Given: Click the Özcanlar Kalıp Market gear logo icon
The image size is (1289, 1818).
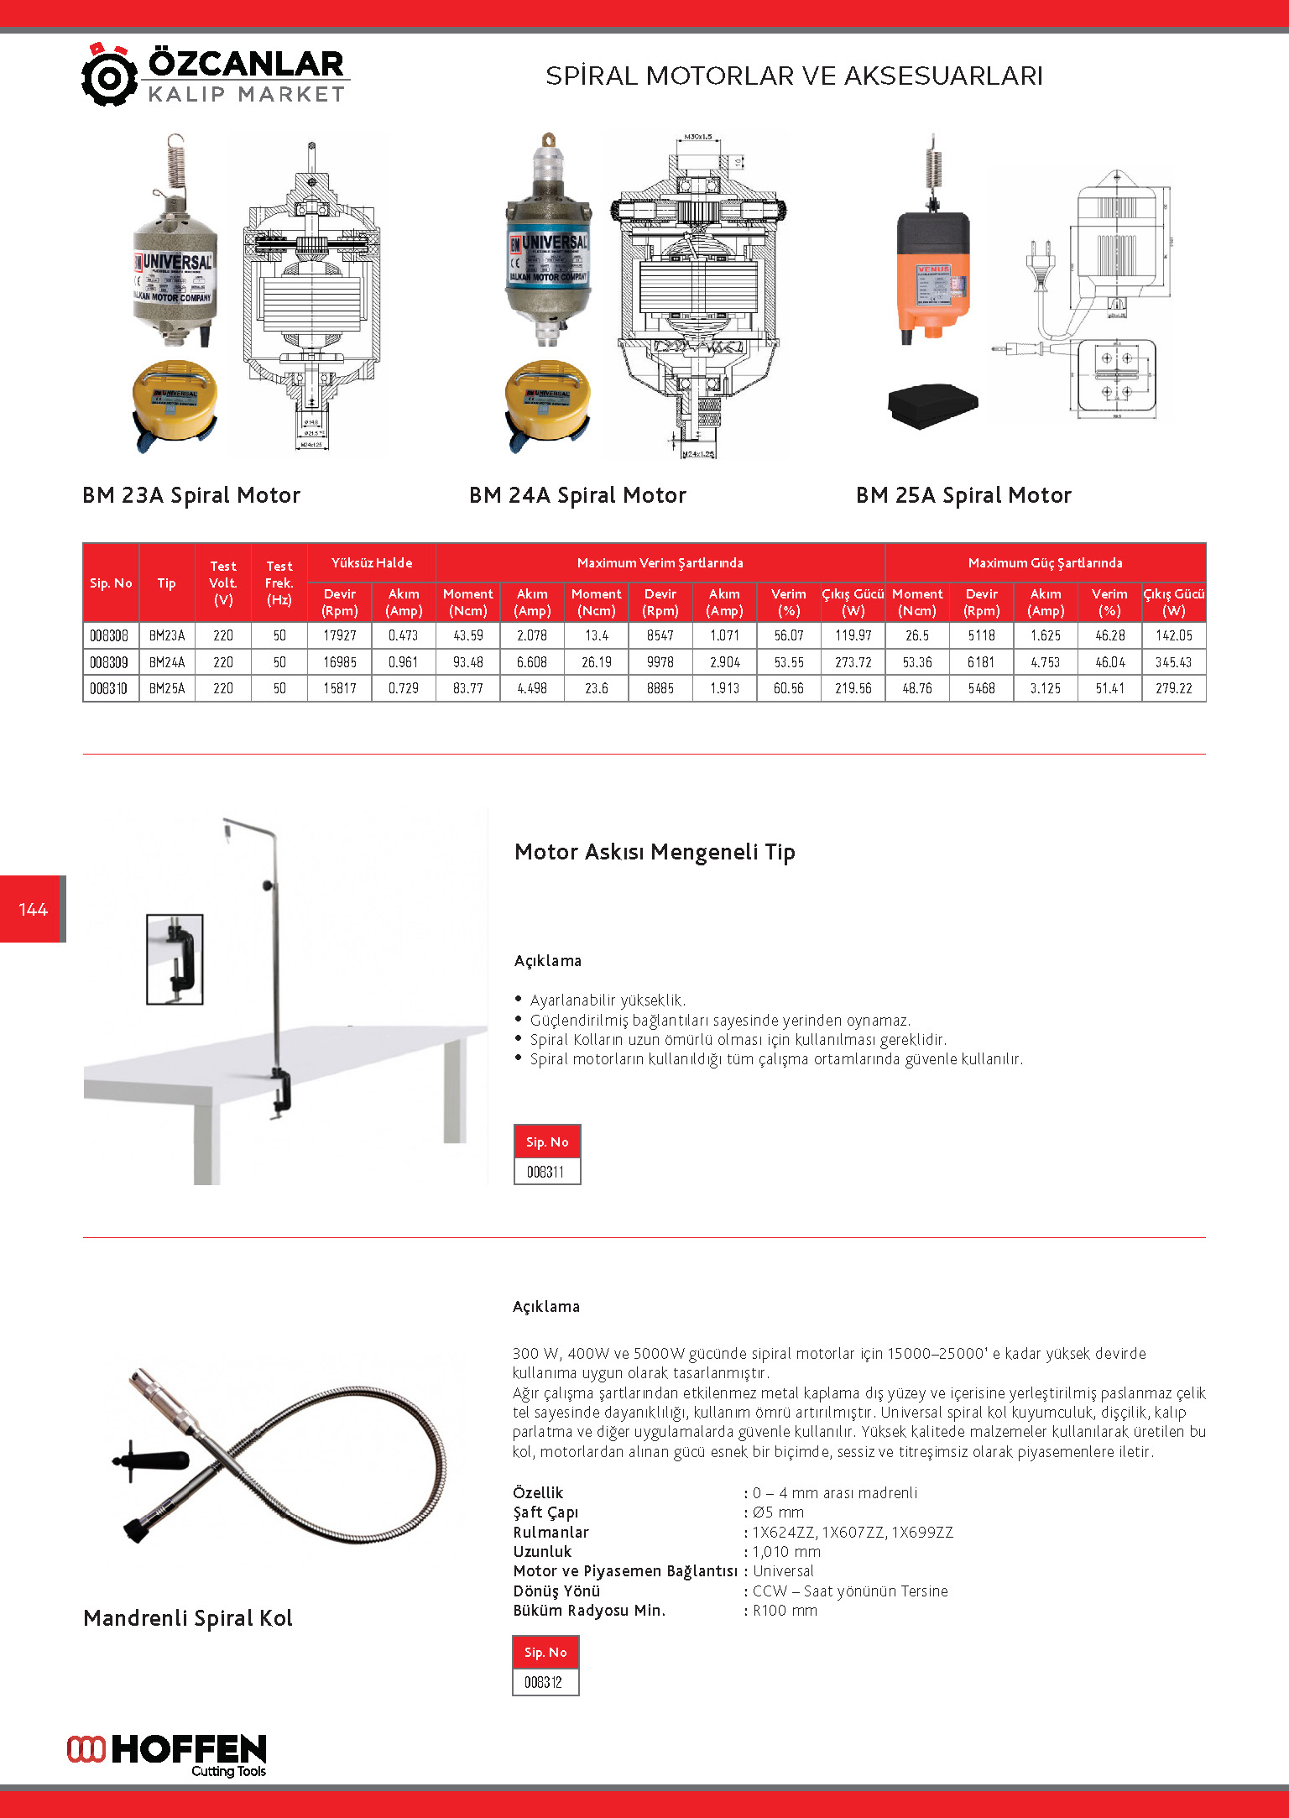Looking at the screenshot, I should point(109,76).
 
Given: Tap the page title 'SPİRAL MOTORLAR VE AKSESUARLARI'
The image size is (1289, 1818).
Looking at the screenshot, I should point(794,76).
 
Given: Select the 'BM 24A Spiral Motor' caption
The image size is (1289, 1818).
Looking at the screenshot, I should point(577,495).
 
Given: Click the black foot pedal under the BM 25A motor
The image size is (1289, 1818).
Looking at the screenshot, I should point(932,405).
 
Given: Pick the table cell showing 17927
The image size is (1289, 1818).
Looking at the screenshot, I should point(340,635).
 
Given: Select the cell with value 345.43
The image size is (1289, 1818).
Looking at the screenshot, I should point(1173,662).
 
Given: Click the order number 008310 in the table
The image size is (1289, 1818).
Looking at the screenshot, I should point(109,688).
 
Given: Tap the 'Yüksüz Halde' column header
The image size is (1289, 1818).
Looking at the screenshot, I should point(371,562).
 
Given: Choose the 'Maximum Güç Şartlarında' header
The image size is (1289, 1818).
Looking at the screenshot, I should point(1045,562).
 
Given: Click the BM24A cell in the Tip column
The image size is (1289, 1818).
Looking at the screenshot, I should point(167,662).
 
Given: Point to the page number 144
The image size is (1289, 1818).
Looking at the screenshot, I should point(33,909).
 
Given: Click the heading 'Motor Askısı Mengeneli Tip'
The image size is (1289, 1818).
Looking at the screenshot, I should point(655,852).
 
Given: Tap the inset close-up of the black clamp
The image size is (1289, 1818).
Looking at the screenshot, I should point(175,959).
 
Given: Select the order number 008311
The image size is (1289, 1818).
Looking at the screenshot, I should point(546,1172).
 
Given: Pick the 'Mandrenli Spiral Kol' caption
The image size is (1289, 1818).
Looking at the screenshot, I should point(188,1618).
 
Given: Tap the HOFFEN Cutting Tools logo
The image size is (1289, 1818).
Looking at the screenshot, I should point(167,1754).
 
